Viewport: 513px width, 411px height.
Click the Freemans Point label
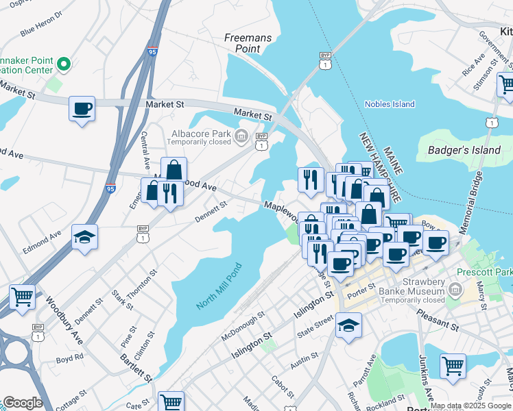[248, 43]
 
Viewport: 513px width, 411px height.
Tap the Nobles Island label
[390, 104]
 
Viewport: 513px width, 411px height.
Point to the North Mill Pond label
[219, 286]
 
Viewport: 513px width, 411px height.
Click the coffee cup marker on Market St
[82, 108]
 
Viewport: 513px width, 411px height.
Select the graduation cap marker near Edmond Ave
[84, 237]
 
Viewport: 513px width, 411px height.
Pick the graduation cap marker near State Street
[348, 325]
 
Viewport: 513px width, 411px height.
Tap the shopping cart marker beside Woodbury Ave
[22, 298]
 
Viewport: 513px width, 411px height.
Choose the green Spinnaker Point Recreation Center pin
[64, 65]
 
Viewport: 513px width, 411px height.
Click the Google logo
[22, 403]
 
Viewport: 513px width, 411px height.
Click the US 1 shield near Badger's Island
[490, 122]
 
